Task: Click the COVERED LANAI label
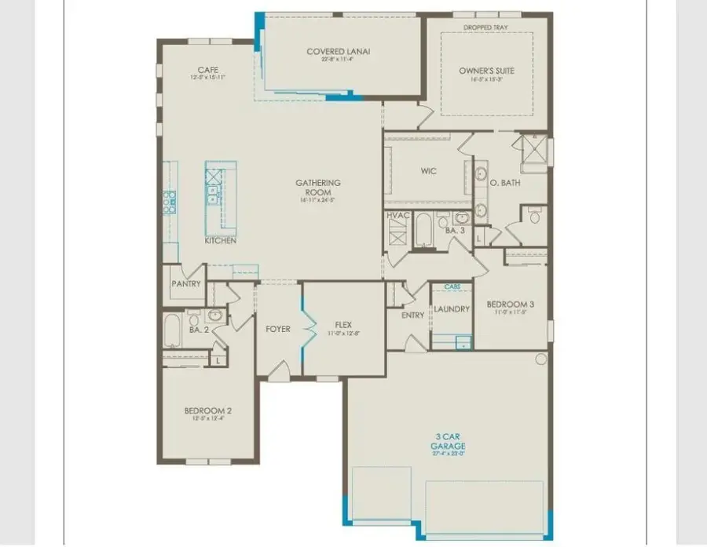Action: click(339, 53)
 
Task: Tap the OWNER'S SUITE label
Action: click(487, 71)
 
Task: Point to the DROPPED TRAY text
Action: click(487, 28)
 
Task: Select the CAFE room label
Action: click(208, 70)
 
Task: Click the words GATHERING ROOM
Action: click(313, 188)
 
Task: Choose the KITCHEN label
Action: click(221, 241)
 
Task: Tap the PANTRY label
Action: click(186, 284)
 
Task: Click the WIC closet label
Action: click(428, 171)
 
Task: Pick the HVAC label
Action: click(397, 215)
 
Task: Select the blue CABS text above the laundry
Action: click(452, 287)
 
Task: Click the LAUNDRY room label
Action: click(452, 309)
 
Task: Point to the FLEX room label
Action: click(343, 324)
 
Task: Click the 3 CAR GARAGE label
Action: click(448, 441)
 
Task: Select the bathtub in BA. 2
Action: click(172, 330)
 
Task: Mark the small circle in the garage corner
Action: click(540, 359)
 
